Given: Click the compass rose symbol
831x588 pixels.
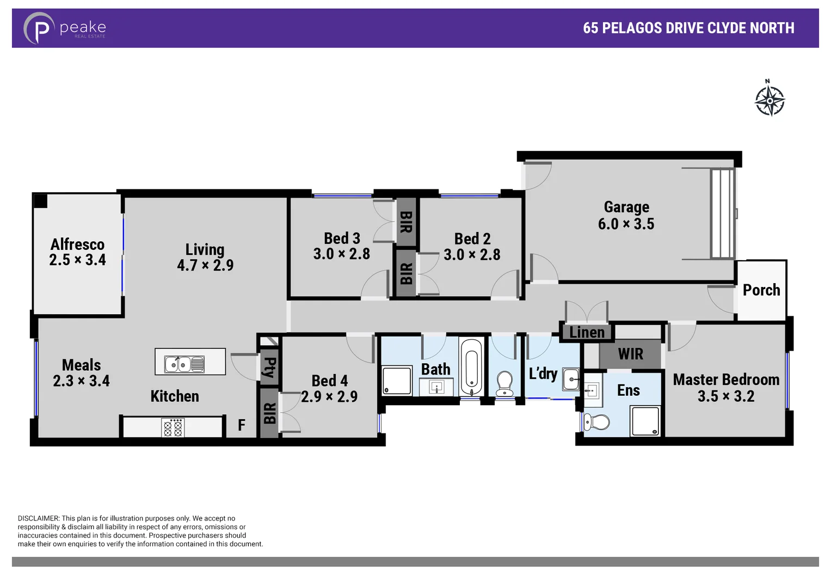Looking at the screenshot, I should pyautogui.click(x=770, y=100).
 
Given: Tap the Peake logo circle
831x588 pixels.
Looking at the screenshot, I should pyautogui.click(x=39, y=28).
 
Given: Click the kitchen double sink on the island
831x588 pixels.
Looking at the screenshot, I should pyautogui.click(x=184, y=364).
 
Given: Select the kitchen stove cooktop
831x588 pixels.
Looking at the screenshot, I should pyautogui.click(x=173, y=427).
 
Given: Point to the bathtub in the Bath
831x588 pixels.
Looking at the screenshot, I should pyautogui.click(x=471, y=366).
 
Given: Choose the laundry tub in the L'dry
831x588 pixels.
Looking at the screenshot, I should pyautogui.click(x=571, y=379).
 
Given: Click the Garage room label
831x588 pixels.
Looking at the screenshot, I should pyautogui.click(x=626, y=207).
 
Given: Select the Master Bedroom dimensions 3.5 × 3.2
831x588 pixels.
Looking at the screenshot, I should pyautogui.click(x=726, y=396).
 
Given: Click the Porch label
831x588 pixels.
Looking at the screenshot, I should pyautogui.click(x=761, y=290).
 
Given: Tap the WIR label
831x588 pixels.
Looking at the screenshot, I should pyautogui.click(x=630, y=354).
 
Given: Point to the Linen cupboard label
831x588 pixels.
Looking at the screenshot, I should pyautogui.click(x=587, y=332).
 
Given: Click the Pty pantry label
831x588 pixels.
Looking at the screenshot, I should pyautogui.click(x=269, y=367).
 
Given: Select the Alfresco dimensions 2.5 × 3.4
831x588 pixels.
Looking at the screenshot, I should pyautogui.click(x=77, y=260).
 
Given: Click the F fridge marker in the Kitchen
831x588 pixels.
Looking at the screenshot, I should pyautogui.click(x=242, y=425).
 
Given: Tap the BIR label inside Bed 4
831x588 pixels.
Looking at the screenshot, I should pyautogui.click(x=269, y=413).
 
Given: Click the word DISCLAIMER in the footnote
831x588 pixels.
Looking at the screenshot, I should pyautogui.click(x=38, y=518).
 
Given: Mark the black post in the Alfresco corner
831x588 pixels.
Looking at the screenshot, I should pyautogui.click(x=41, y=201).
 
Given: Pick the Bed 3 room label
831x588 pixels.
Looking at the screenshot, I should pyautogui.click(x=342, y=238).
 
